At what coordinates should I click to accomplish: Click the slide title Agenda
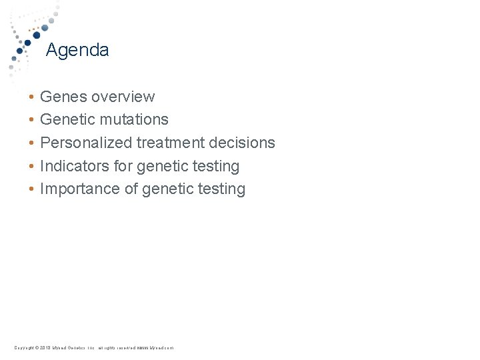click(77, 50)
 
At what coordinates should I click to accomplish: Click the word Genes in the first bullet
click(63, 97)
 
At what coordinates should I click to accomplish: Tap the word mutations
click(136, 120)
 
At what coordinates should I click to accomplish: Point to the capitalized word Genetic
click(66, 120)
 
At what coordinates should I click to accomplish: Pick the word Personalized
click(86, 143)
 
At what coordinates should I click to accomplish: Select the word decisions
click(243, 143)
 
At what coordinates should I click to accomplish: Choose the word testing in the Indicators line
click(215, 166)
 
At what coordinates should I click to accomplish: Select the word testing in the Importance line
click(221, 189)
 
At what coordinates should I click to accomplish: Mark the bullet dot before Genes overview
click(31, 97)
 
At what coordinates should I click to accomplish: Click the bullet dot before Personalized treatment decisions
click(31, 143)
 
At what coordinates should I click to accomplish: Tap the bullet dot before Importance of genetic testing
click(31, 190)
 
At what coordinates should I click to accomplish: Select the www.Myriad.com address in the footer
click(155, 348)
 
